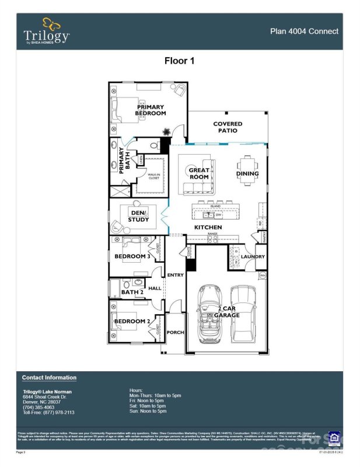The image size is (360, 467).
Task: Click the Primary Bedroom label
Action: [151, 110]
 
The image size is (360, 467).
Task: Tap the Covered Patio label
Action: [228, 127]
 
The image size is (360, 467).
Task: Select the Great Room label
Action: [198, 174]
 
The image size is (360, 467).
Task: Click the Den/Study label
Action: [138, 216]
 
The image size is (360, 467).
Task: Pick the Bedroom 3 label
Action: [132, 256]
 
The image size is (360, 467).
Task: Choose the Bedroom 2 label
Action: [132, 321]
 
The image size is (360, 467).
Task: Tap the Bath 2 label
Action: [132, 292]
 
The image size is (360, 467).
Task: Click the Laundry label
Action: [253, 256]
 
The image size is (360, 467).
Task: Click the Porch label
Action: [175, 332]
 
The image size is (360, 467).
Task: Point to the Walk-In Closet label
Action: [153, 176]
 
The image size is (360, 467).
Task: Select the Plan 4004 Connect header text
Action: [304, 32]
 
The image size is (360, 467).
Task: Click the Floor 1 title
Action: [180, 60]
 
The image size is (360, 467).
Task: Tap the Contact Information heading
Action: [49, 378]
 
